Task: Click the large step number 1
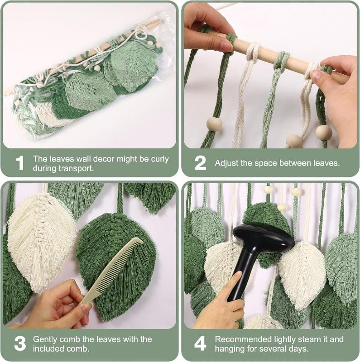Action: (x=20, y=163)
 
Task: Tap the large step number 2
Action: (x=200, y=163)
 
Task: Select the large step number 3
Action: (x=20, y=343)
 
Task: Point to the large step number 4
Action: (x=200, y=343)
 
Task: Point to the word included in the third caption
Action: (x=48, y=348)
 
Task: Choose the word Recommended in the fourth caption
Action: (x=244, y=339)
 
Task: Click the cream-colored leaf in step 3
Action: (x=41, y=240)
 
